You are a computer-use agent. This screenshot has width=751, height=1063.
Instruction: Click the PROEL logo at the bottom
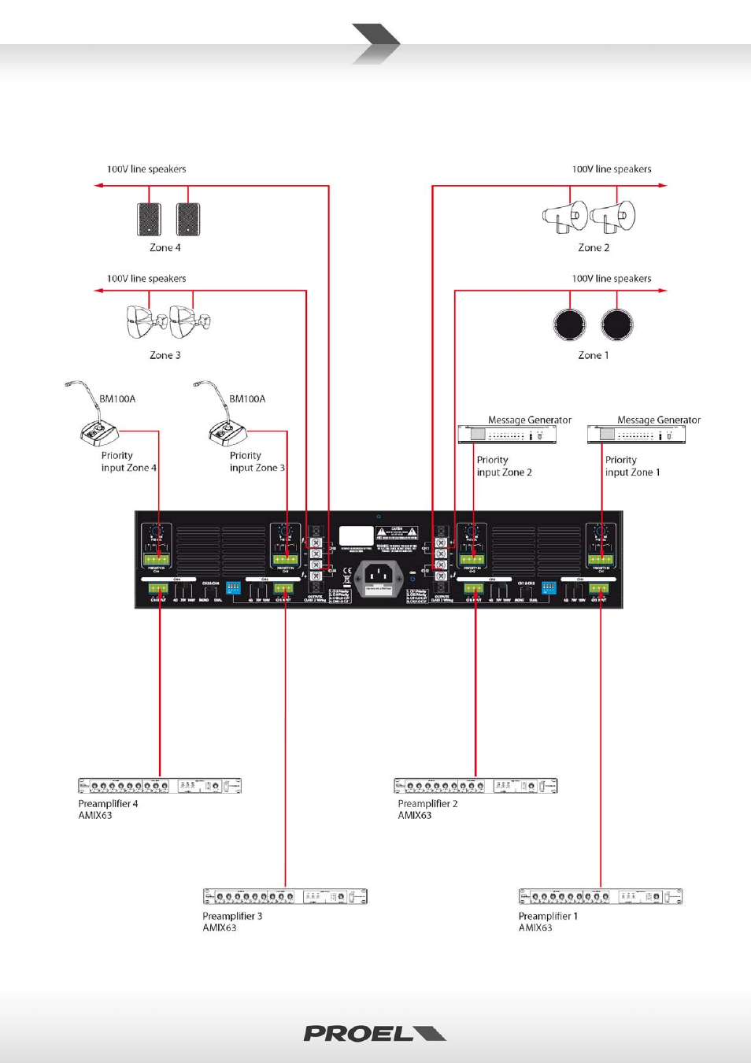[x=374, y=1034]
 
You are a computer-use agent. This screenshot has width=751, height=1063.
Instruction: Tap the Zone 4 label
[x=165, y=247]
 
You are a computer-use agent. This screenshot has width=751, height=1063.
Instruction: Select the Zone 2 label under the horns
[x=594, y=247]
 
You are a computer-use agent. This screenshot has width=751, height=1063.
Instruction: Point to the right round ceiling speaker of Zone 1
[x=617, y=324]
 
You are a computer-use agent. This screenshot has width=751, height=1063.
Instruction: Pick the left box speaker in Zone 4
[x=150, y=219]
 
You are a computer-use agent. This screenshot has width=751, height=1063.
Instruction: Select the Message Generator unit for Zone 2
[x=507, y=434]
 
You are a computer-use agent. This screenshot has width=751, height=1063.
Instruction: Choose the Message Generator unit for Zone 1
[x=636, y=434]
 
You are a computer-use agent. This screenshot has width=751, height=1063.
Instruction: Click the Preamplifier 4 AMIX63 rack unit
[x=160, y=786]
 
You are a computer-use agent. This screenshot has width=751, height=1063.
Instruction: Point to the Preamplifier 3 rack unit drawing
[x=285, y=896]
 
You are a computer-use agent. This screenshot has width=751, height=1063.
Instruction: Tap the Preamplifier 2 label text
[x=427, y=804]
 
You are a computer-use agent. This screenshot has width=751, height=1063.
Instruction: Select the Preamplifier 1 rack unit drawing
[x=601, y=896]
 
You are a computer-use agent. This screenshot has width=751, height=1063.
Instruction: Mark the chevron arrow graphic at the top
[x=376, y=43]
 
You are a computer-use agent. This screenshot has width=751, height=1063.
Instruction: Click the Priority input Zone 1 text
[x=632, y=466]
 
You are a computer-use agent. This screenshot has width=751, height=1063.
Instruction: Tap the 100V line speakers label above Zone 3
[x=146, y=279]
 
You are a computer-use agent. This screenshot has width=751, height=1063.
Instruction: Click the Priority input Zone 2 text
[x=504, y=466]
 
